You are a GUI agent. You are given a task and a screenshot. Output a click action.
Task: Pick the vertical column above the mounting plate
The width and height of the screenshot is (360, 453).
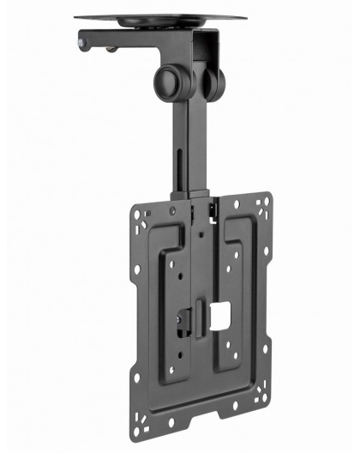click(x=189, y=137)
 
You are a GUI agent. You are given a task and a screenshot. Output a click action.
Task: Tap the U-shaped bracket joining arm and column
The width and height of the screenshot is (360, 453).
click(x=206, y=51)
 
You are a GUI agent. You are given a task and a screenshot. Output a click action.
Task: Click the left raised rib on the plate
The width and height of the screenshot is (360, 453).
click(x=167, y=292)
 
